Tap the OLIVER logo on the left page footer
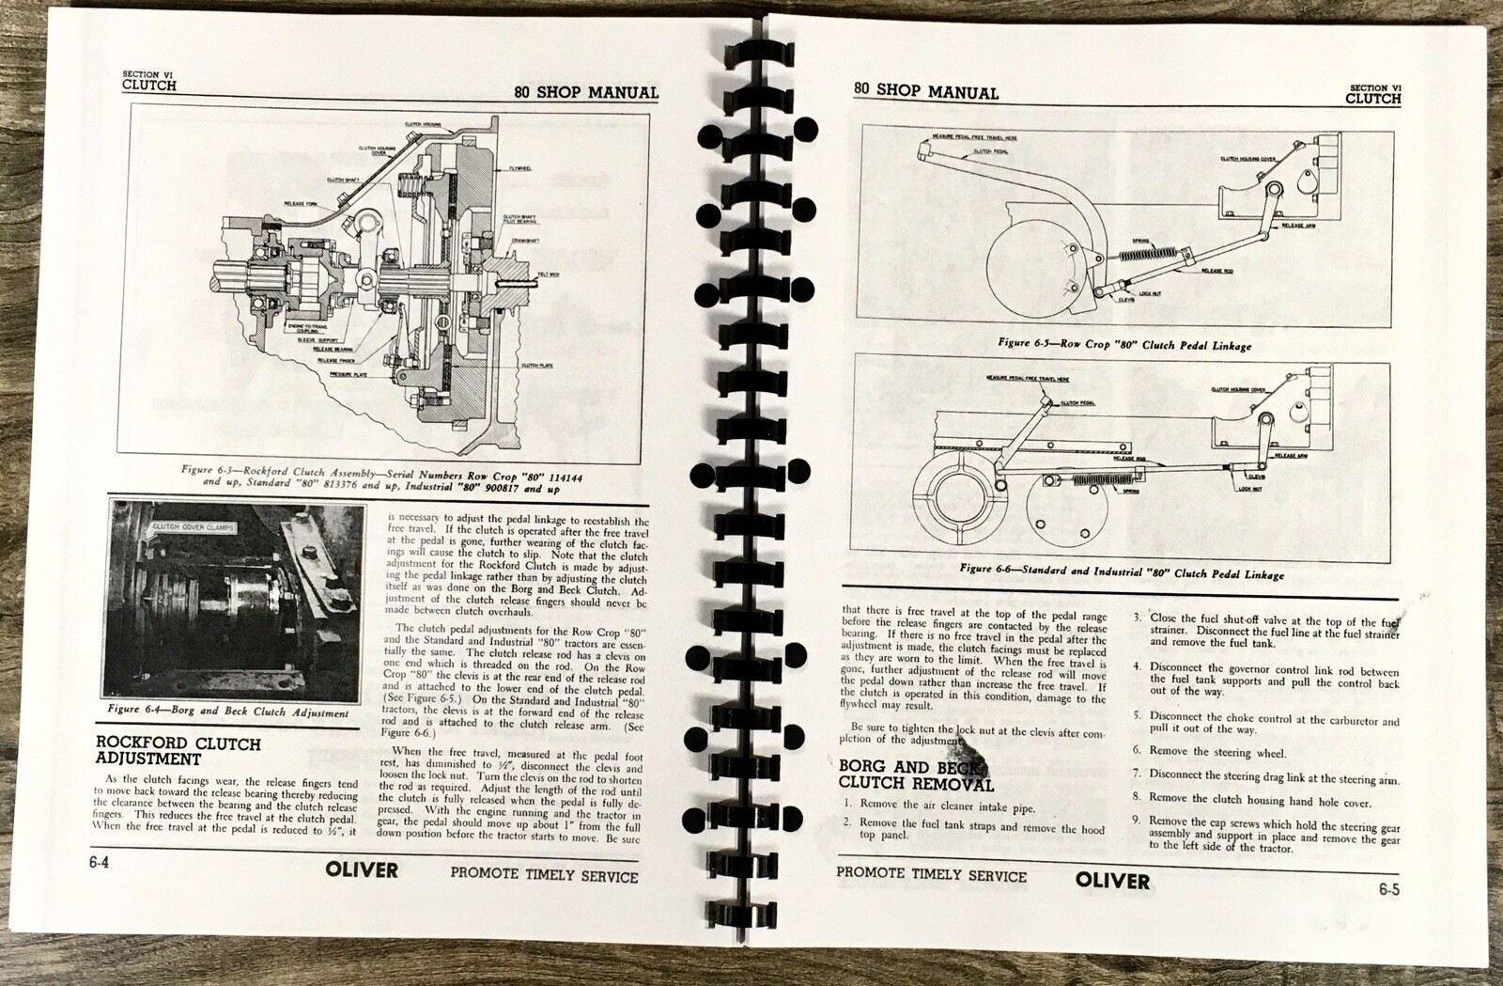[x=362, y=869]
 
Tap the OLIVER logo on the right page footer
[x=1112, y=881]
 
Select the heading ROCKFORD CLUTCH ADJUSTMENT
[x=178, y=750]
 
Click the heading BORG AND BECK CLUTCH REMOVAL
[x=915, y=775]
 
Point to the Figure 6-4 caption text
[x=227, y=711]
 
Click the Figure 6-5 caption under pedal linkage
[x=1123, y=345]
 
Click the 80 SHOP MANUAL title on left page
[x=586, y=92]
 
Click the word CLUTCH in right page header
[x=1372, y=98]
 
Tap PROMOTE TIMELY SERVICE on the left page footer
[x=544, y=875]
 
